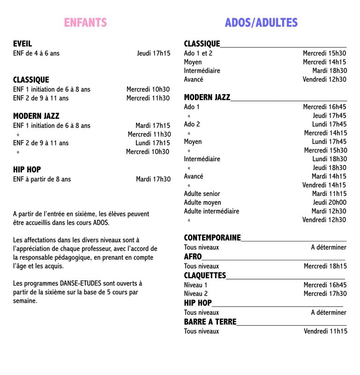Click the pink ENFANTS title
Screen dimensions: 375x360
point(85,22)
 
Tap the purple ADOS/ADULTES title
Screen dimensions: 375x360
point(261,22)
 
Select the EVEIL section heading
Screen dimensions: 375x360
point(22,44)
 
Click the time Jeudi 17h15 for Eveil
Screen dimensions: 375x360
point(154,53)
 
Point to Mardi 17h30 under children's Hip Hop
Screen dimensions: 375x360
point(153,179)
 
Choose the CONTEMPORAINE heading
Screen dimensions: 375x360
point(212,238)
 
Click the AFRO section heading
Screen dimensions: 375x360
point(193,256)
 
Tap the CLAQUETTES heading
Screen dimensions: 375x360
point(205,275)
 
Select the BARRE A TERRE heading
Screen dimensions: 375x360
point(210,322)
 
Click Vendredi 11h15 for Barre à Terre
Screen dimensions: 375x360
point(325,331)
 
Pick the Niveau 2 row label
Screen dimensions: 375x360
point(195,293)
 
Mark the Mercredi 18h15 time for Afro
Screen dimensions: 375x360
point(325,266)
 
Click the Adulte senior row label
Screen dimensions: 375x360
point(202,194)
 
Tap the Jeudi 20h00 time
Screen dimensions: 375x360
point(330,202)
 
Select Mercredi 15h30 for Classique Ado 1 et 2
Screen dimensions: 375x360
point(324,53)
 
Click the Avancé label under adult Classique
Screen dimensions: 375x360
point(194,79)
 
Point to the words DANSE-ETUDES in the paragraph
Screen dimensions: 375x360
point(80,284)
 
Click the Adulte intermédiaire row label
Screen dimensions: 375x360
point(211,211)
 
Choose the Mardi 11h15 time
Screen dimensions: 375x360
point(329,194)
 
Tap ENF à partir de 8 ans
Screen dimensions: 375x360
point(42,179)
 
